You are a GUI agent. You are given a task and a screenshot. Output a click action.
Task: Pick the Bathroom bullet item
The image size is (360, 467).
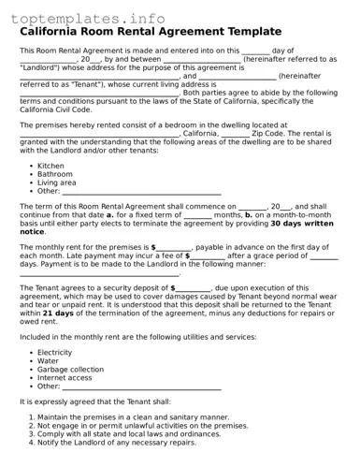[55, 174]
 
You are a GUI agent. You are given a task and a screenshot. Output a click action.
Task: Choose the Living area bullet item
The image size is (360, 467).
[57, 182]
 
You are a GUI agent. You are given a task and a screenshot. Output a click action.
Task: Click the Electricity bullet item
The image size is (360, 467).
[56, 352]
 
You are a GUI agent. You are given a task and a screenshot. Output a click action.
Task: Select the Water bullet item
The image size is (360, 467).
[48, 360]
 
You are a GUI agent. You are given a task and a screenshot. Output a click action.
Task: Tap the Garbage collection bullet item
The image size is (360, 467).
[70, 369]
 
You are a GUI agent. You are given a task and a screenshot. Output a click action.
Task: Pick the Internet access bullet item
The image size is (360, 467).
[65, 377]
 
